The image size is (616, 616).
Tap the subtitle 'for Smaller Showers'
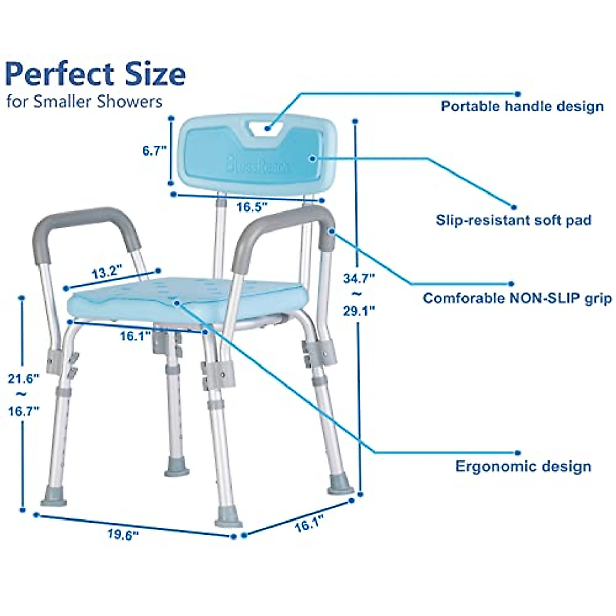(x=85, y=101)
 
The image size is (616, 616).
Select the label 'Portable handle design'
(x=522, y=107)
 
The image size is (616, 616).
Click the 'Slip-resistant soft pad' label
(x=513, y=220)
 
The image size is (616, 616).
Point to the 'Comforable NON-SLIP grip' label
(x=517, y=298)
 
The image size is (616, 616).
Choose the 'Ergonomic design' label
(x=523, y=467)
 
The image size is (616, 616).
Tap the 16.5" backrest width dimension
(x=253, y=207)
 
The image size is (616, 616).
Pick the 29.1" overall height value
(x=359, y=311)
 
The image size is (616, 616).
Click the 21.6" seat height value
(x=24, y=379)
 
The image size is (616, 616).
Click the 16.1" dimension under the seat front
(x=136, y=337)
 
